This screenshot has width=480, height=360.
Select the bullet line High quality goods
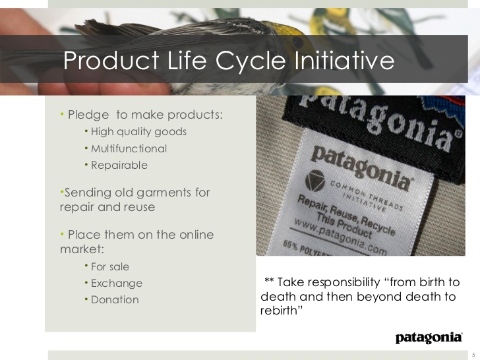coord(138,131)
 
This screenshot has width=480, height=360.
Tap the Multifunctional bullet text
coord(129,148)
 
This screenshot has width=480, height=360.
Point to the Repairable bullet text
coord(119,165)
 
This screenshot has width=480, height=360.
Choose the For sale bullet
coord(110,266)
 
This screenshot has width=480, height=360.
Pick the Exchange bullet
coord(117,284)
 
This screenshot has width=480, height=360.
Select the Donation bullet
coord(115,300)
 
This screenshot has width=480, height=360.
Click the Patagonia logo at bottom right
coord(429,338)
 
